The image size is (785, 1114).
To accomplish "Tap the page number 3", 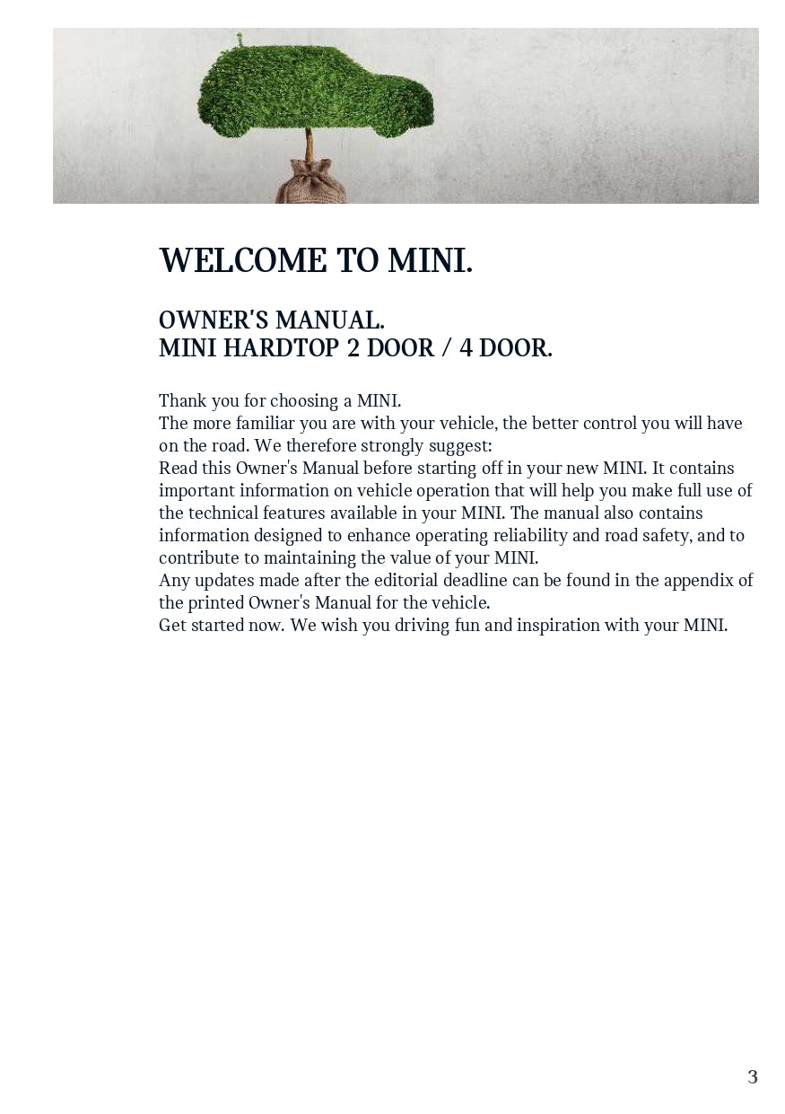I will [753, 1076].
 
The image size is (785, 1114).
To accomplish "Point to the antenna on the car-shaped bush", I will [240, 39].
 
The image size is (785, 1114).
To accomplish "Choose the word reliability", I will [532, 535].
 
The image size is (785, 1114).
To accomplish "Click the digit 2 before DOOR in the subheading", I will [353, 348].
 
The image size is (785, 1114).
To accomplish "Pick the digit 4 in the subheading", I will [466, 348].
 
